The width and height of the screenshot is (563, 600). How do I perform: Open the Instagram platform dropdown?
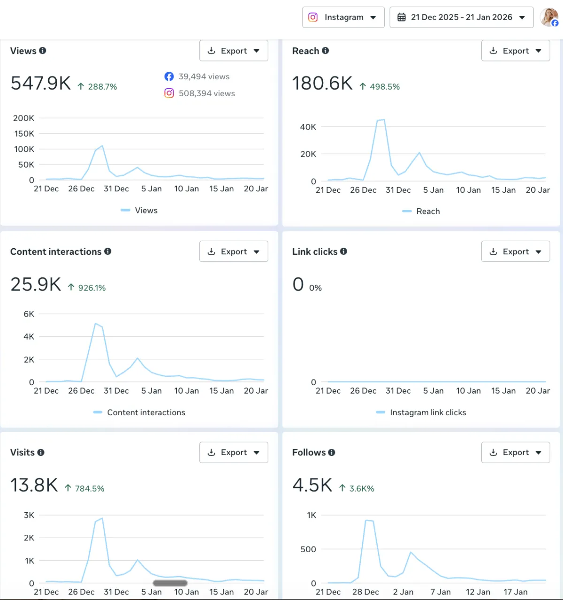click(x=343, y=17)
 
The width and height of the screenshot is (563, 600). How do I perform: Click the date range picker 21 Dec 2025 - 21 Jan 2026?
click(x=462, y=17)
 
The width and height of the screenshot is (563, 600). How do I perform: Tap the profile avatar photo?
click(x=549, y=17)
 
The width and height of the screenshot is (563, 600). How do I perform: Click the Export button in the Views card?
click(x=234, y=51)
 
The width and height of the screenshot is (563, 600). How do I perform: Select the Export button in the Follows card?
click(x=516, y=452)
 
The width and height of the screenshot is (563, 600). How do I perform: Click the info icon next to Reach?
click(x=326, y=51)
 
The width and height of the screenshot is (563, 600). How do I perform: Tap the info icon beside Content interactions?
click(x=108, y=251)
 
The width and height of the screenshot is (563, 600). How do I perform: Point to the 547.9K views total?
click(x=41, y=83)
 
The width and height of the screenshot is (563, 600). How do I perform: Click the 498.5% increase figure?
click(x=385, y=87)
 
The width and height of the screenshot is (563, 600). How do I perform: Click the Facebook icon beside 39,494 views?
click(x=169, y=76)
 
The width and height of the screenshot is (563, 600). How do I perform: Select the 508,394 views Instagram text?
click(x=207, y=93)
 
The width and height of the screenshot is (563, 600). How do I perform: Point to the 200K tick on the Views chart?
click(x=23, y=118)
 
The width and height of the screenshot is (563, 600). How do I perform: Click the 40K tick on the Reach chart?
click(x=308, y=127)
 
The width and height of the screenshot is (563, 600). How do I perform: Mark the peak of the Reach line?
click(x=384, y=120)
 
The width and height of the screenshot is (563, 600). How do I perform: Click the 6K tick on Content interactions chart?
click(x=29, y=314)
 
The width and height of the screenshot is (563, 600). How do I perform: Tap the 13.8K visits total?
click(x=34, y=485)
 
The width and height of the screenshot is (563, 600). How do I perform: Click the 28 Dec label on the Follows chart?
click(x=365, y=592)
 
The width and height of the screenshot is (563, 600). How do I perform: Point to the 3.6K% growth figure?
click(x=362, y=488)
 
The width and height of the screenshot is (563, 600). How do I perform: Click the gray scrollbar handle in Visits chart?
click(x=170, y=583)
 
